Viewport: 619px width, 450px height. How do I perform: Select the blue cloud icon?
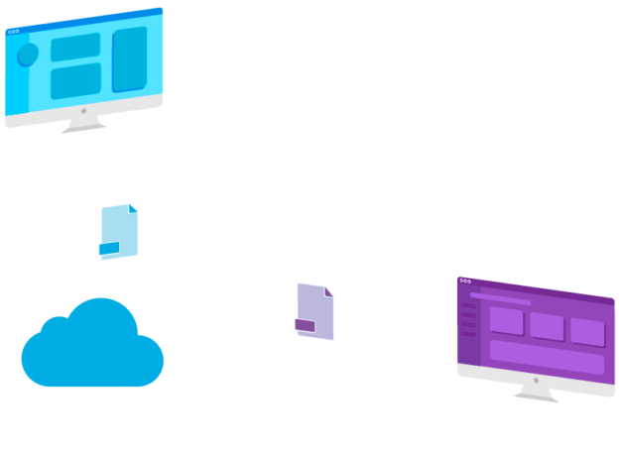[x=91, y=344]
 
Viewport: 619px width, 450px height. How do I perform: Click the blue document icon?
[x=119, y=231]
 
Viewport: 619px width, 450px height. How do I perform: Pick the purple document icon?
[x=315, y=311]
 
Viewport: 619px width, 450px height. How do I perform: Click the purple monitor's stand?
[x=536, y=394]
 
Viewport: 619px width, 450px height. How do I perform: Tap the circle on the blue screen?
[x=28, y=55]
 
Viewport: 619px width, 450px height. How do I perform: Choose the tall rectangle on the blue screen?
[x=129, y=58]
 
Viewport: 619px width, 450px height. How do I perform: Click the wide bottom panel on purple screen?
[x=547, y=356]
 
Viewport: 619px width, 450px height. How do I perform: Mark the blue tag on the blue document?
[x=108, y=248]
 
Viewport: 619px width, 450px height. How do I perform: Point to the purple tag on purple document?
[x=305, y=325]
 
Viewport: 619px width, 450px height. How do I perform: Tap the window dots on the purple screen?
[x=465, y=281]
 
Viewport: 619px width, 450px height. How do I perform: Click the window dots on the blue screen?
[x=12, y=32]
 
